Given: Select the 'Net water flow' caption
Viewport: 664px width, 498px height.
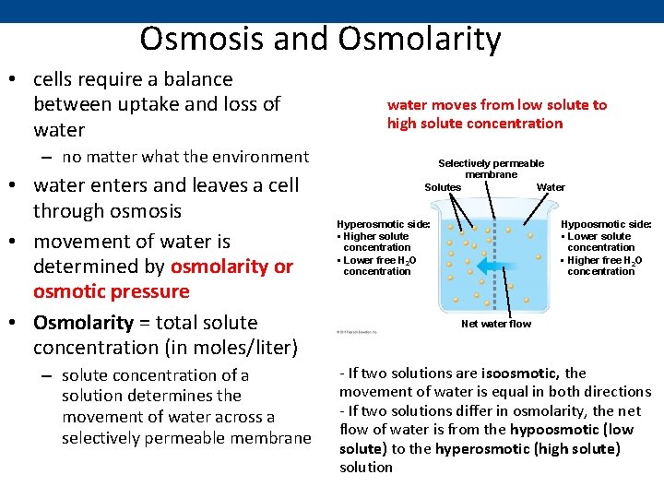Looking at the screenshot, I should point(496,324).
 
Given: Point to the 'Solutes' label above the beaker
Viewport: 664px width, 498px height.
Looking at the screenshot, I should point(443,187).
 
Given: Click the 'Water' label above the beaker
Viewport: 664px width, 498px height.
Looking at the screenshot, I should point(551,187).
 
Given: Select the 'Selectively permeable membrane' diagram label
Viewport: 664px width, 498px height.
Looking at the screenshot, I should point(491,169).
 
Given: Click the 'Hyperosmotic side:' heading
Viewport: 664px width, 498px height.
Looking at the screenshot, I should point(383,224).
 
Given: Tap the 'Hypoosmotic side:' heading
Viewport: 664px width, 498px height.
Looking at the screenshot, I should point(606,224).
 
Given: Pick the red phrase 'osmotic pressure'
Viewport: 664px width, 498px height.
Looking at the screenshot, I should point(111,291).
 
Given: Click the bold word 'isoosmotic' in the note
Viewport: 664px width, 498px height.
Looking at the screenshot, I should point(523,373).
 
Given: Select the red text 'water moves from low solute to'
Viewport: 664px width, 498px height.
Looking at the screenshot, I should point(497,104).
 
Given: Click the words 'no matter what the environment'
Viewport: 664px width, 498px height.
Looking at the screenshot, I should point(185,157).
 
